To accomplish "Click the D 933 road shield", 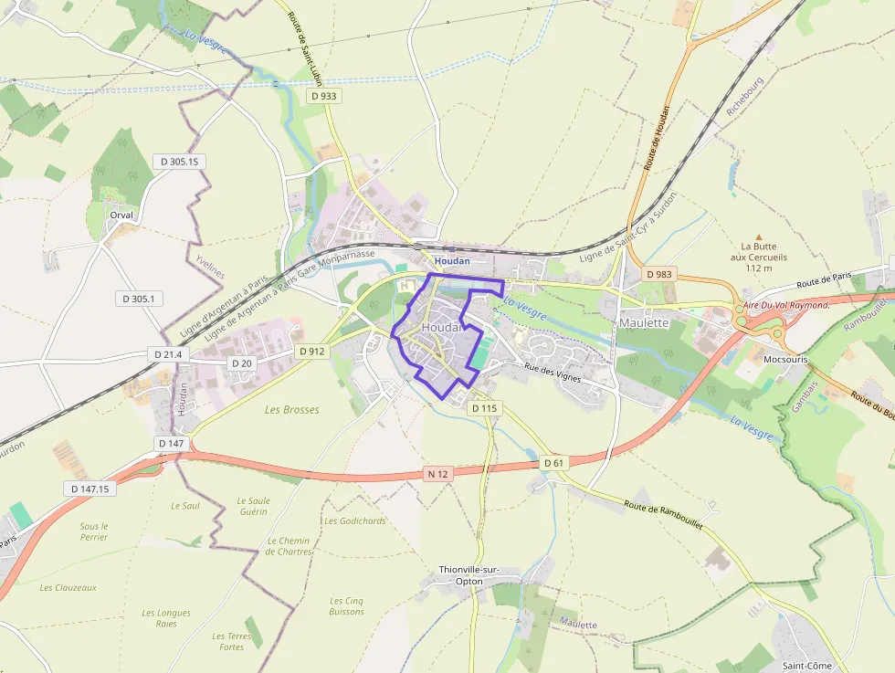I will pos(323,96).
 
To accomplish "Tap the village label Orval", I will pos(121,216).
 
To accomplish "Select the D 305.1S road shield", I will pos(179,162).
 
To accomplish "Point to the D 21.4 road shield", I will pos(166,353).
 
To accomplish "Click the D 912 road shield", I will pos(311,351).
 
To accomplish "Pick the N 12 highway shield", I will pos(439,473).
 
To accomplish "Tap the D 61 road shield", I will pos(554,463).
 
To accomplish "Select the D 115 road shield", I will pos(484,408).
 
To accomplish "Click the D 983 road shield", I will pos(658,274).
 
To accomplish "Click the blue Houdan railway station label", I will pos(452,261).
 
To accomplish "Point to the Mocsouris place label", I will pos(785,360).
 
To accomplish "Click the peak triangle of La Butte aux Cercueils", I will pos(757,237).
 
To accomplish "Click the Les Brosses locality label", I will pos(292,410).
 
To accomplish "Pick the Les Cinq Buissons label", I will pos(347,606).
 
